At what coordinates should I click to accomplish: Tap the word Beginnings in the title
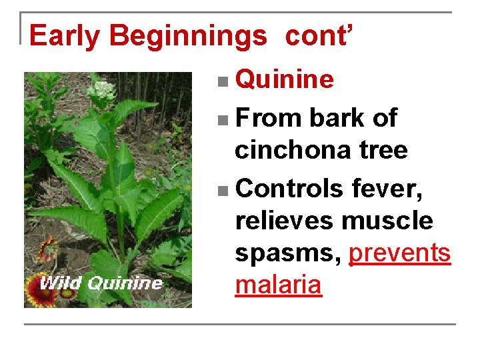pyautogui.click(x=187, y=35)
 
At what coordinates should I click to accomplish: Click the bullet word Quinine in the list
pyautogui.click(x=285, y=79)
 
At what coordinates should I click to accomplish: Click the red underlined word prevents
pyautogui.click(x=399, y=253)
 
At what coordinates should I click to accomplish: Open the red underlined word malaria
pyautogui.click(x=278, y=285)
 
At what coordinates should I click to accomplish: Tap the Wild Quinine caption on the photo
pyautogui.click(x=100, y=283)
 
